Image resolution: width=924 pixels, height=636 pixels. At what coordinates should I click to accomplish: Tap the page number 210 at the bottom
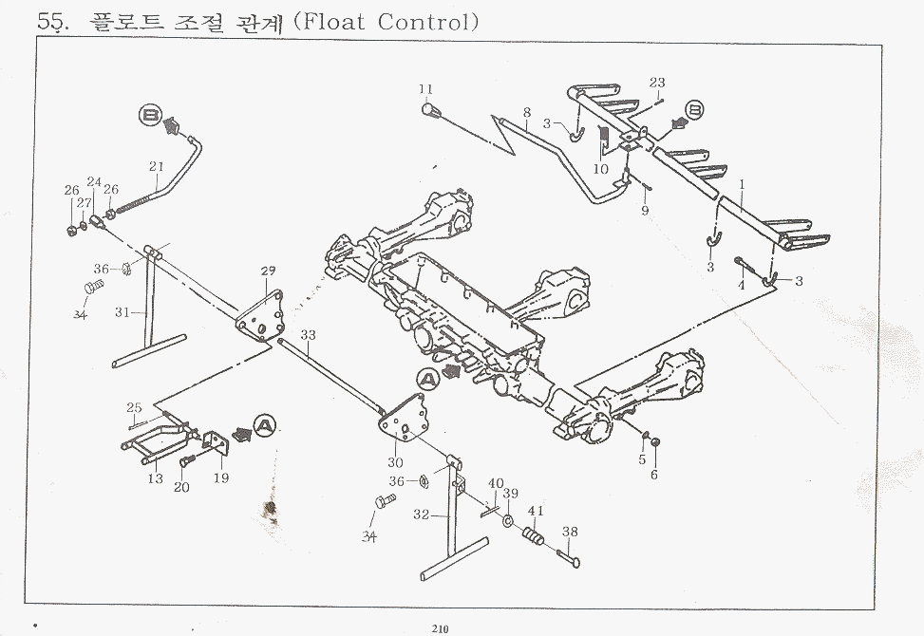coord(439,627)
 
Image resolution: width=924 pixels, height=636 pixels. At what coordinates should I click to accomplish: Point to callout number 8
coord(527,111)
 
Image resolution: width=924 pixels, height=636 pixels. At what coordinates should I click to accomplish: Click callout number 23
coord(657,83)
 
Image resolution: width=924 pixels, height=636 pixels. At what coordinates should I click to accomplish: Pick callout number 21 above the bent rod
coord(157,166)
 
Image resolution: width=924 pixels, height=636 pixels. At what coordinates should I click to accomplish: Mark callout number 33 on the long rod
coord(308,335)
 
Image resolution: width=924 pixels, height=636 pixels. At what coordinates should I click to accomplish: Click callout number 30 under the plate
coord(397,462)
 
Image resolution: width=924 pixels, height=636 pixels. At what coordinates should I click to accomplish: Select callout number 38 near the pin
coord(570,532)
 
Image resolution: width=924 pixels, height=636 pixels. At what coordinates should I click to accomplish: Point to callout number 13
coord(155,479)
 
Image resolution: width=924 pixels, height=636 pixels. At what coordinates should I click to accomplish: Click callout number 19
coord(220,478)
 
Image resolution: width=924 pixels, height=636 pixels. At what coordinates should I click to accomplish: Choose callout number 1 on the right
coord(742,184)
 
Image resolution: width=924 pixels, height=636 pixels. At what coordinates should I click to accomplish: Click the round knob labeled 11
coord(428,111)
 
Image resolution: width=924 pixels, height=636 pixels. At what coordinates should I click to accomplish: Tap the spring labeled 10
coord(602,140)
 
